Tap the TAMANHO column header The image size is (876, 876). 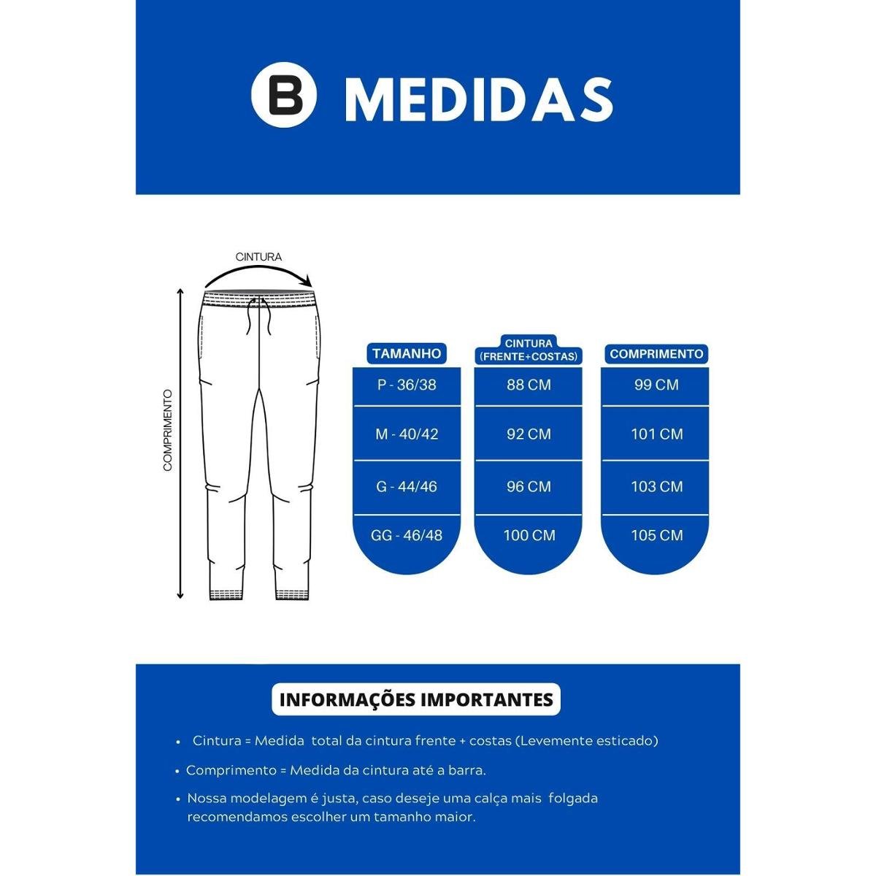tap(407, 353)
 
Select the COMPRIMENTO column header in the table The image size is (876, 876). tap(656, 354)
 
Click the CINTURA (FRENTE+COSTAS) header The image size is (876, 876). tap(529, 350)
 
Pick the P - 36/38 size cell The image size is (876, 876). tap(407, 385)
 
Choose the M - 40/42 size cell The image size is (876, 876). tap(407, 434)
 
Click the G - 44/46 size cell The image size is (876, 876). tap(407, 486)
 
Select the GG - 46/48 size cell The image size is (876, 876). tap(407, 535)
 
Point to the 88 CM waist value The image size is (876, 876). tap(529, 385)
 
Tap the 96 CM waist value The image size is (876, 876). tap(529, 486)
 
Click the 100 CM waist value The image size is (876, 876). tap(529, 535)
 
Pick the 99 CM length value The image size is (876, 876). tap(656, 385)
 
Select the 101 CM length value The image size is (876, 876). tap(656, 434)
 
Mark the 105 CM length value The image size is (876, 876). tap(656, 535)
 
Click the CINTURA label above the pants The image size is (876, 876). tap(258, 257)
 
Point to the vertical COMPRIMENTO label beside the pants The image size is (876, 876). tap(167, 430)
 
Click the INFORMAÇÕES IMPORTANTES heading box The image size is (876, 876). tap(416, 699)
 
